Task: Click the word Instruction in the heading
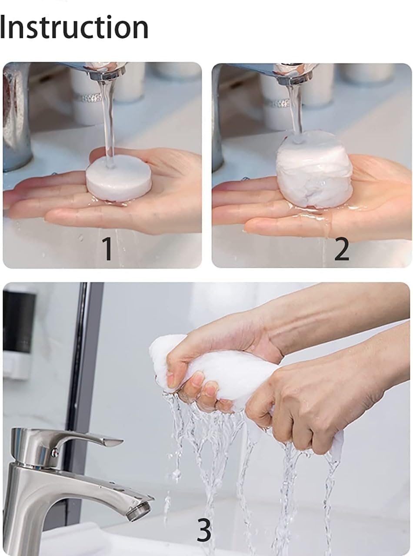click(74, 27)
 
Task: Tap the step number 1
click(107, 248)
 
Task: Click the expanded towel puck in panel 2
click(315, 169)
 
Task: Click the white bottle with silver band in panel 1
click(87, 98)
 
